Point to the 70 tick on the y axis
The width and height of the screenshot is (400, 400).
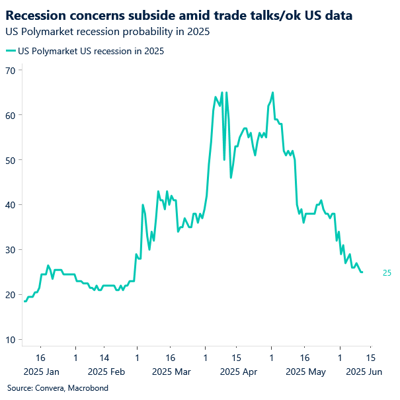[x=11, y=70]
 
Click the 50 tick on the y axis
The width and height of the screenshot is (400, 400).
[x=11, y=160]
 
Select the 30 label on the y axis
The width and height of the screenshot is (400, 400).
[x=11, y=250]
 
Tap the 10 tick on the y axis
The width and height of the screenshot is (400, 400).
[x=11, y=340]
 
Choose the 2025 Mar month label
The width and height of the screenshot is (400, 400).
[x=169, y=372]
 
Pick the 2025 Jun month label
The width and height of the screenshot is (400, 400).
[x=365, y=372]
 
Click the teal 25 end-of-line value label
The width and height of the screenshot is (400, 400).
[x=387, y=272]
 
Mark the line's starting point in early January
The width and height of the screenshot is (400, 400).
[x=24, y=301]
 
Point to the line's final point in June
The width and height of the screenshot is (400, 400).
[x=362, y=272]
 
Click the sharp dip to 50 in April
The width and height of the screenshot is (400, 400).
[x=224, y=159]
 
